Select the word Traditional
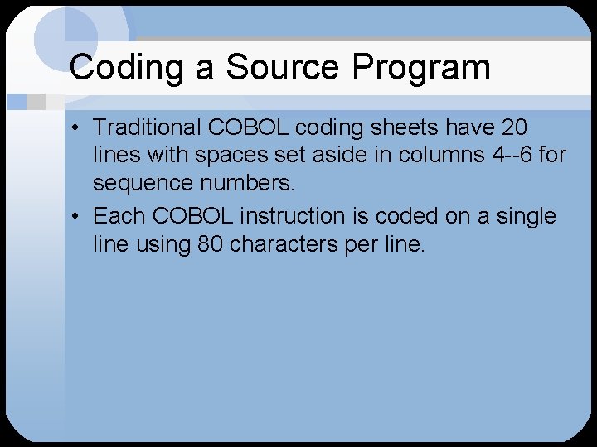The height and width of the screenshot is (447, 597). (x=147, y=127)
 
